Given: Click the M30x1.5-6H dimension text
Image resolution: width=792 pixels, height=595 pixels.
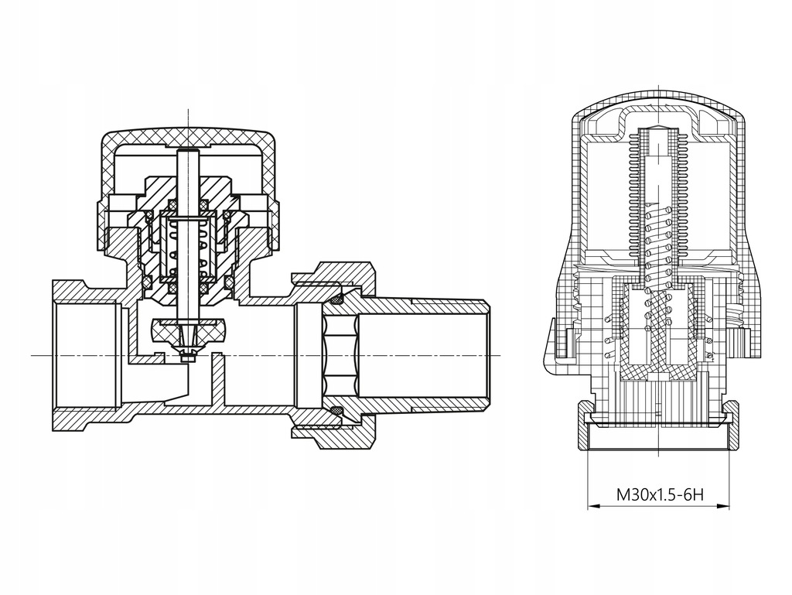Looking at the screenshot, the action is [659, 494].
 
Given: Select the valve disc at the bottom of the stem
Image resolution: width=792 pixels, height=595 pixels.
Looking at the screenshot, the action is [188, 328].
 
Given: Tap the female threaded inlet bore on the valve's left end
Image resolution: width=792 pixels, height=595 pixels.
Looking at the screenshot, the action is [87, 354].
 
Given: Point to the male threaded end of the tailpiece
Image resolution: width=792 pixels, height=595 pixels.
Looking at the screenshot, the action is [449, 354].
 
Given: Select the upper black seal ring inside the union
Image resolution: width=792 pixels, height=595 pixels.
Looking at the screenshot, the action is [337, 299].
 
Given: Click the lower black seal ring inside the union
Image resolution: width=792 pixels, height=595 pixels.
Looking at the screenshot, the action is [337, 409].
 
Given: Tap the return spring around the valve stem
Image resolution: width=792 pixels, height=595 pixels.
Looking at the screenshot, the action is [188, 247].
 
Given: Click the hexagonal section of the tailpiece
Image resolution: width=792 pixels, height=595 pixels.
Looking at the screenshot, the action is [341, 354].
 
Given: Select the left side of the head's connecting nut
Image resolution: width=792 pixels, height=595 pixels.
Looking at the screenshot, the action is [586, 423].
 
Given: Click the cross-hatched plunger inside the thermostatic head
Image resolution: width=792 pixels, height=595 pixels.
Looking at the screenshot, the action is [659, 333].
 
